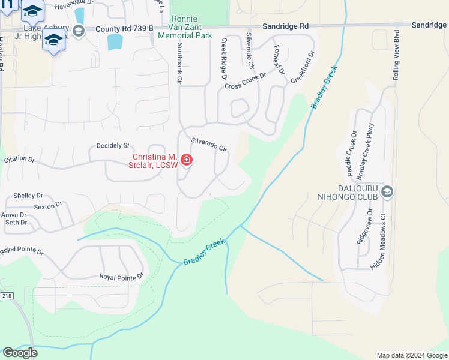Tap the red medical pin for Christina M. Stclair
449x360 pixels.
point(187,160)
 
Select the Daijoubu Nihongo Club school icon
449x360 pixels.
point(387,191)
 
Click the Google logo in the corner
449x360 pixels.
point(20,353)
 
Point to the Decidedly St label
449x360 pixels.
point(113,145)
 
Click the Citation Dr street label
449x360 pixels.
point(20,160)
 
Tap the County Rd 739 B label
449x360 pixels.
point(124,28)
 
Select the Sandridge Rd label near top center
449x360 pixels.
point(285,26)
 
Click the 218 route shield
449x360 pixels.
point(6,296)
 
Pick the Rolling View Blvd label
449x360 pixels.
point(396,55)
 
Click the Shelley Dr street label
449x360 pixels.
point(28,196)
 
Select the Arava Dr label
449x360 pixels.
point(14,214)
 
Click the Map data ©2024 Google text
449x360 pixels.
point(411,355)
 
